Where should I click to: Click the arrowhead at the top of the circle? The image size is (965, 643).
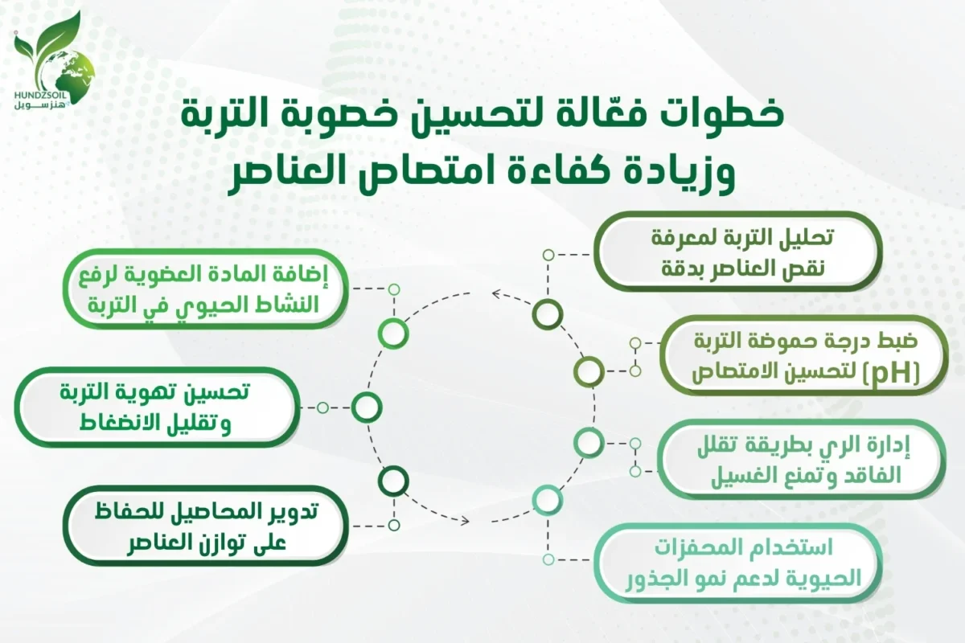[496, 293]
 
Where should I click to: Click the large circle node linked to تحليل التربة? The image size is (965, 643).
[548, 313]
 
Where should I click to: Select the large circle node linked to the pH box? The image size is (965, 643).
[589, 371]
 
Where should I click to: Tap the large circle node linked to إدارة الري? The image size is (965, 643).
[589, 441]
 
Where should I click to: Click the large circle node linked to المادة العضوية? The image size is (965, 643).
[393, 334]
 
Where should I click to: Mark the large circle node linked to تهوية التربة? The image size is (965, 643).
[366, 408]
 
